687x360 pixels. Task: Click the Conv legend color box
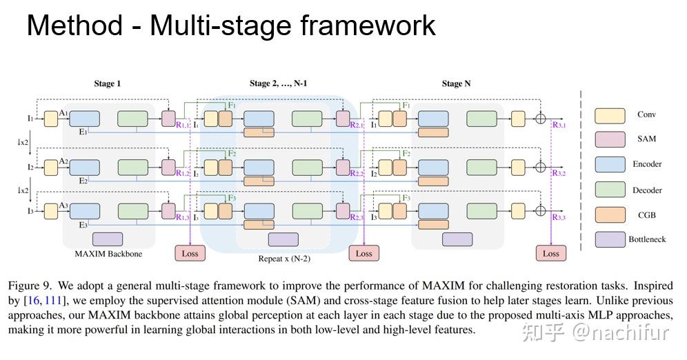[610, 115]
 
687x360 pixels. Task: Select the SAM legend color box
[610, 140]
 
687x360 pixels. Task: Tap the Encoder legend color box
[610, 165]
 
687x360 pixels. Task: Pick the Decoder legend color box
[610, 190]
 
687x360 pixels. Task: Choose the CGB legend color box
[610, 215]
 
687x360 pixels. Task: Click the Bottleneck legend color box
[610, 240]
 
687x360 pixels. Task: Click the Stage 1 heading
[108, 84]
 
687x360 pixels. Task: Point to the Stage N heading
[456, 84]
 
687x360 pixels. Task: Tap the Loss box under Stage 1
[190, 253]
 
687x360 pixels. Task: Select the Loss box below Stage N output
[550, 253]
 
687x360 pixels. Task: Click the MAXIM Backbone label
[108, 254]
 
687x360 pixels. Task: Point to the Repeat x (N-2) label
[283, 259]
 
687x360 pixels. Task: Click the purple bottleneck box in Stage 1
[108, 239]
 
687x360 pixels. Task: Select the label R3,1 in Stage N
[559, 126]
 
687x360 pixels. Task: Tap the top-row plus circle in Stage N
[541, 119]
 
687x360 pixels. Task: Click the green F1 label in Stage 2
[232, 106]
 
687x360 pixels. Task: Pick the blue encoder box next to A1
[85, 119]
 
